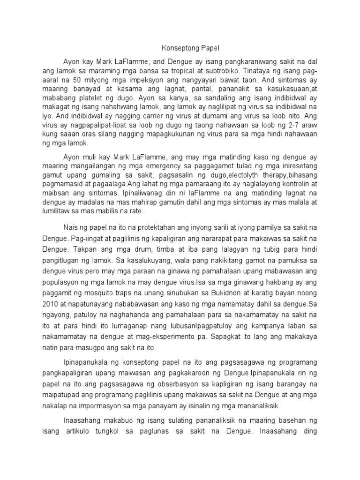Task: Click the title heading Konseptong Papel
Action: pyautogui.click(x=180, y=48)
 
